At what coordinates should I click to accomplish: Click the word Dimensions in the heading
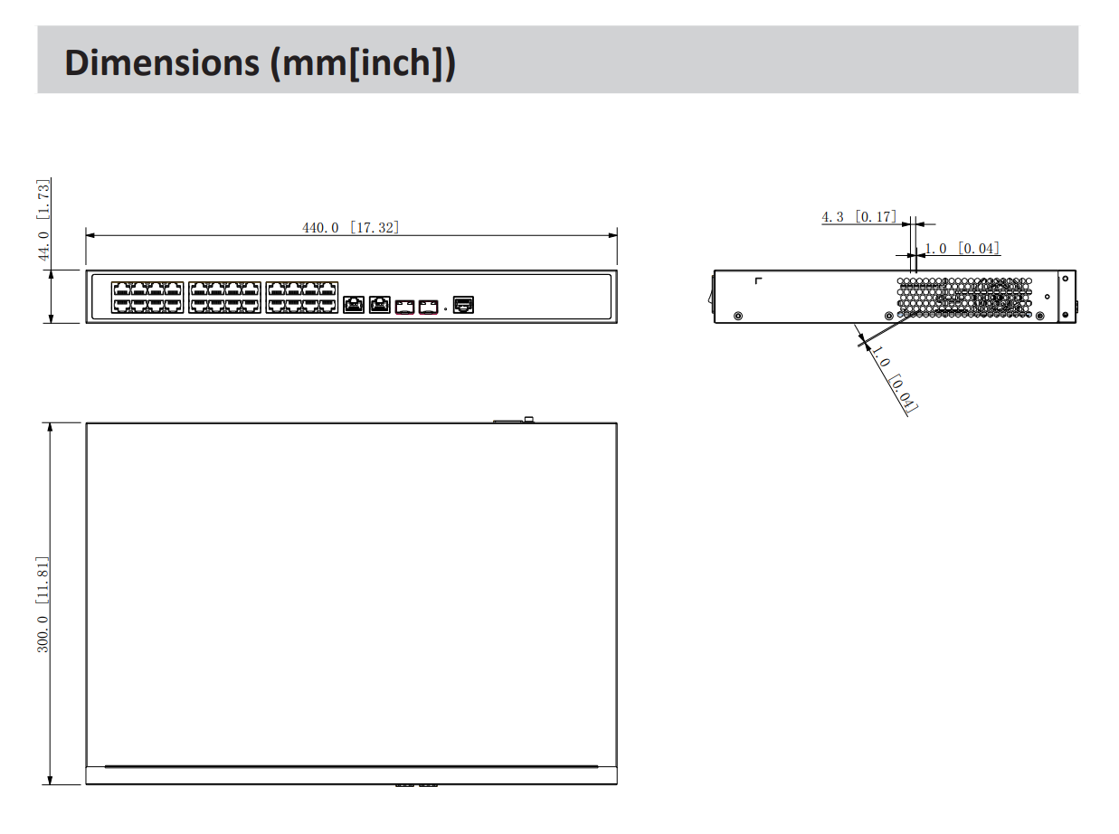tap(162, 62)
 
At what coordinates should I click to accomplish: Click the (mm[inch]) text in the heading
tap(363, 63)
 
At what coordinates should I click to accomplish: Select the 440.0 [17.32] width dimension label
tap(351, 227)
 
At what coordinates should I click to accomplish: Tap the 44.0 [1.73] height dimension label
tap(43, 220)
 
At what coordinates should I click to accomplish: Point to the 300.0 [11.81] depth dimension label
tap(43, 604)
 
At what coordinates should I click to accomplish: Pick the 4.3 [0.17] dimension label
tap(859, 217)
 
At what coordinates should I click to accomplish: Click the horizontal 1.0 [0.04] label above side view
tap(962, 248)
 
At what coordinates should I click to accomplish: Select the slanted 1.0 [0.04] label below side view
tap(894, 378)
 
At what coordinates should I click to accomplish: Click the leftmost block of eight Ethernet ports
tap(147, 297)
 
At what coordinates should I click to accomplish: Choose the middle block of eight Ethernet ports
tap(224, 297)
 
